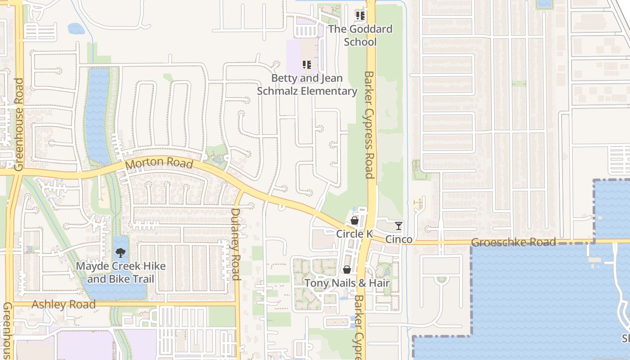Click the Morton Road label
tap(159, 164)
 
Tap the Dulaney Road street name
tap(236, 244)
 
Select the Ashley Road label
tap(63, 305)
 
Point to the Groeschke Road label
tap(513, 243)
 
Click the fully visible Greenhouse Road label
tap(19, 125)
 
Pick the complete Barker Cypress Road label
tap(369, 125)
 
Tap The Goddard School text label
tap(360, 35)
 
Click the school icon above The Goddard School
tap(360, 16)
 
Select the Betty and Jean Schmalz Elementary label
tap(307, 85)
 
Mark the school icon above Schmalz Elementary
tap(307, 65)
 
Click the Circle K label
tap(355, 234)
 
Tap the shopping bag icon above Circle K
tap(355, 220)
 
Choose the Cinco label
tap(399, 239)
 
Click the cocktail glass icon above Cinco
tap(399, 225)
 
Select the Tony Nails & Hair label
tap(347, 283)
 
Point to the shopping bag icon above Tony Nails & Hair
tap(347, 270)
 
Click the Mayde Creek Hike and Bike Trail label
tap(121, 272)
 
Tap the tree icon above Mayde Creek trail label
tap(121, 252)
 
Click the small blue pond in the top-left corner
tap(76, 29)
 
